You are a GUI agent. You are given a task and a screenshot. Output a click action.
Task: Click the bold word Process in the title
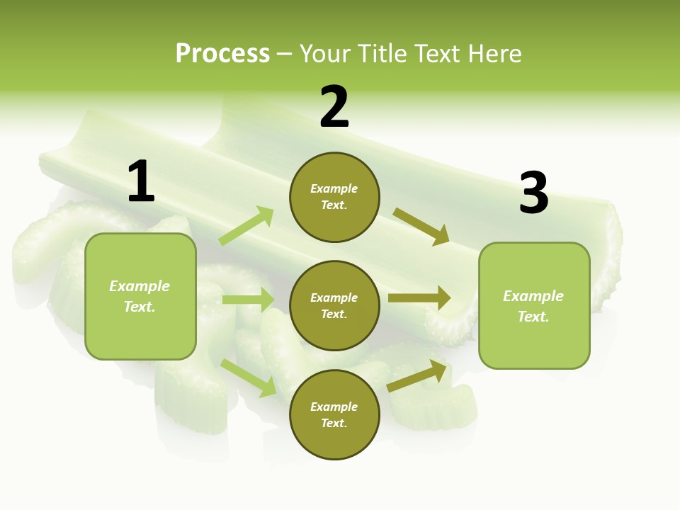pyautogui.click(x=222, y=53)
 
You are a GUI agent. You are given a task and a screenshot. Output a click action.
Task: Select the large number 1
pyautogui.click(x=141, y=181)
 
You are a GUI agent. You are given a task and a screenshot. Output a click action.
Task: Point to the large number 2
pyautogui.click(x=334, y=107)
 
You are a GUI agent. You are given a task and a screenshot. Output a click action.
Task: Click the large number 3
pyautogui.click(x=533, y=193)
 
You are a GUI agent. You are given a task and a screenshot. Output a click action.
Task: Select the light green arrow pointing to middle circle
pyautogui.click(x=249, y=300)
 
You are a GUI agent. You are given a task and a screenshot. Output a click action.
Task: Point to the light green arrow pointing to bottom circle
pyautogui.click(x=249, y=377)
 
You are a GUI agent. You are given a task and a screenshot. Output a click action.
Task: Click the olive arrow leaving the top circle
pyautogui.click(x=421, y=226)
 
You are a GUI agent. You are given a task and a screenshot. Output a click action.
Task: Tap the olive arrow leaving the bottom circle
pyautogui.click(x=418, y=375)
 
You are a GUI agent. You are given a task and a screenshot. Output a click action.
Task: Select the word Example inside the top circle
pyautogui.click(x=334, y=188)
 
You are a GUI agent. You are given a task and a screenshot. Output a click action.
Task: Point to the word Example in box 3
pyautogui.click(x=533, y=296)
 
